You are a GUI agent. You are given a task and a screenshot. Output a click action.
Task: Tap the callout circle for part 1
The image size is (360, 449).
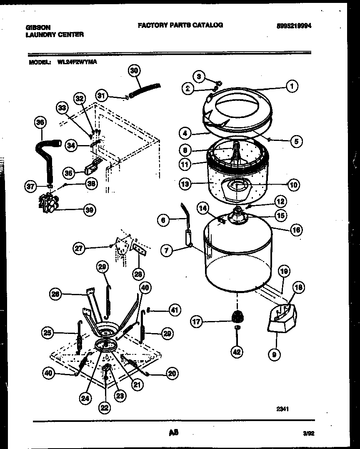pos(292,86)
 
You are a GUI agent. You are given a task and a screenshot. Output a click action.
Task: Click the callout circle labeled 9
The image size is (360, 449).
pos(274,355)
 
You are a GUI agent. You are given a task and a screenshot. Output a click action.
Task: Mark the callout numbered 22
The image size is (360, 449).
pos(104,407)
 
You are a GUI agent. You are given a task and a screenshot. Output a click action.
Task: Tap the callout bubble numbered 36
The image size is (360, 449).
pos(40,123)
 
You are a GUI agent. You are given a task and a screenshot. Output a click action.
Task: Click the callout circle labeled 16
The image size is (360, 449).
pos(296,229)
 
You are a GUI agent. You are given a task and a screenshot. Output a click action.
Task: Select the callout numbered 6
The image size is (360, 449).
pos(164,220)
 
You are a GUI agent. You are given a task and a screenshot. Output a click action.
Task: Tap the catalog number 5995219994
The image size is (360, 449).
pos(294,26)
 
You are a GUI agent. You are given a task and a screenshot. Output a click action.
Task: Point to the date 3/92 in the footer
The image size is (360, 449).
pos(308,434)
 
